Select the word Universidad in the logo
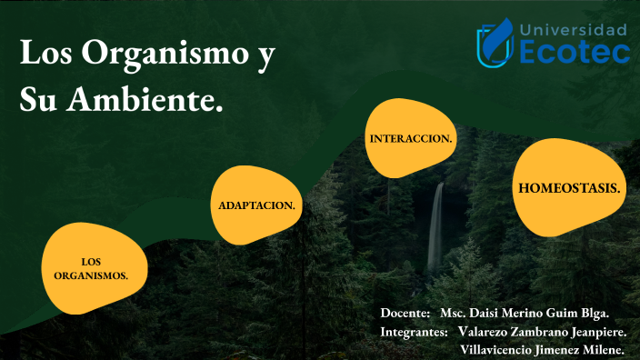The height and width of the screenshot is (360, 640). tap(574, 29)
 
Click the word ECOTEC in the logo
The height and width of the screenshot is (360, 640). tap(575, 53)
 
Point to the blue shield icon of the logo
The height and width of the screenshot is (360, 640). tap(496, 43)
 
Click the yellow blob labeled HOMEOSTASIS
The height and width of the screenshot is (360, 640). tap(569, 188)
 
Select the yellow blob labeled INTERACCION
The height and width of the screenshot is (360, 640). tap(410, 138)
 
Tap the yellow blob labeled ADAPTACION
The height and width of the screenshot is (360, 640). tap(256, 205)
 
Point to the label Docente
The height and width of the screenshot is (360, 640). tap(405, 313)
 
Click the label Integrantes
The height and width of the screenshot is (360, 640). tap(415, 332)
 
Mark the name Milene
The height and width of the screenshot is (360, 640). tap(600, 350)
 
